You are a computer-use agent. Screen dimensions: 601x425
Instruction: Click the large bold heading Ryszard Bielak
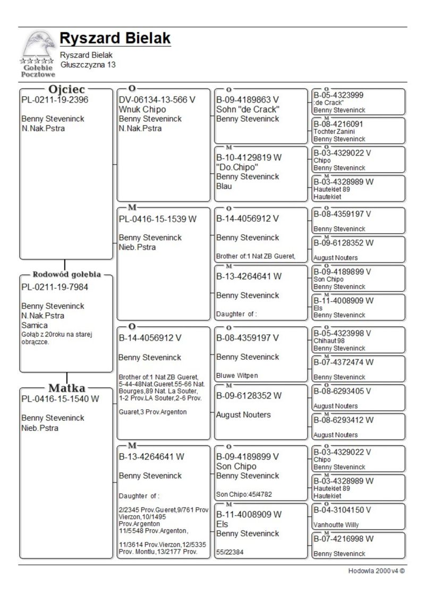115,38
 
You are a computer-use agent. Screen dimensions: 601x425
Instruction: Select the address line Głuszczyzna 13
88,65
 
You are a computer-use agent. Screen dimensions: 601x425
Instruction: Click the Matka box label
67,387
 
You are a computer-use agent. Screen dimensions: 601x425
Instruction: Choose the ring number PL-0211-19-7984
55,287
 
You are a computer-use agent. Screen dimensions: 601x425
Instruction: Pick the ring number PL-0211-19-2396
55,100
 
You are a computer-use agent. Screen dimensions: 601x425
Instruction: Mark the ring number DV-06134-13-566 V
157,100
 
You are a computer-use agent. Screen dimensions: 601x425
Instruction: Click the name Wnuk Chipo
142,109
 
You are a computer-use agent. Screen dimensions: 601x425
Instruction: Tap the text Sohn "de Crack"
248,109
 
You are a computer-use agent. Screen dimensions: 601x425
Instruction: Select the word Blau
224,187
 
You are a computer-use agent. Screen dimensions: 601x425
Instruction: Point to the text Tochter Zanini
334,131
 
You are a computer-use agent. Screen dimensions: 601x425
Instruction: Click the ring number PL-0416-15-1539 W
158,218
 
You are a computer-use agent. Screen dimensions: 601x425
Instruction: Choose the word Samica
35,325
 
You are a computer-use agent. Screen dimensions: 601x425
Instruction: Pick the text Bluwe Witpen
237,376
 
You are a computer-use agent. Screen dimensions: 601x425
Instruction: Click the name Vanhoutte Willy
336,524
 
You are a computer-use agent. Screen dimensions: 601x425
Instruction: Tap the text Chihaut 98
329,341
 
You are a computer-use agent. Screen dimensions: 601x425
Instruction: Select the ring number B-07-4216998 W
343,539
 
